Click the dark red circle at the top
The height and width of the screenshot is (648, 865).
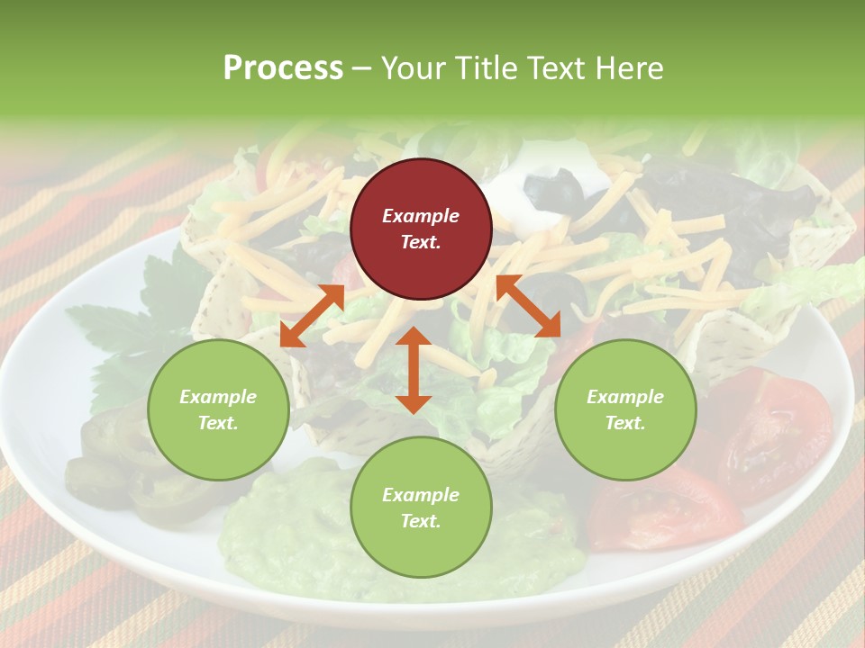click(421, 229)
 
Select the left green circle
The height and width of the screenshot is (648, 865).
click(218, 410)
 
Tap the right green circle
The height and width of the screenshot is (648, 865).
click(625, 410)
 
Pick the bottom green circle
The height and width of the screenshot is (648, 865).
click(421, 508)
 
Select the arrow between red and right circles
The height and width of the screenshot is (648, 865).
click(529, 306)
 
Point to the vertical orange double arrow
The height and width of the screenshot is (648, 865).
click(414, 371)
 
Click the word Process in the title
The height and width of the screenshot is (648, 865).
click(283, 67)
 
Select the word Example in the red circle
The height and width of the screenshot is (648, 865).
click(421, 216)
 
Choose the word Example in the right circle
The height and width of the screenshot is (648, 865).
click(625, 397)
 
